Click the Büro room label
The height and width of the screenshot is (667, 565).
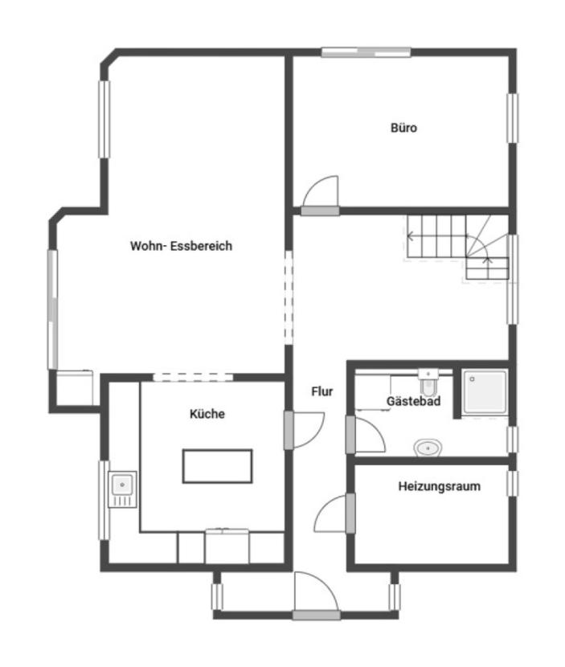click(x=403, y=128)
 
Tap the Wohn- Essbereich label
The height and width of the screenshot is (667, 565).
click(x=181, y=246)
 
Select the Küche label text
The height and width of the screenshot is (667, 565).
click(x=207, y=414)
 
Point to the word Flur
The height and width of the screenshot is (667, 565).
click(x=322, y=391)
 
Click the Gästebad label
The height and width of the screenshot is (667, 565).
click(x=413, y=401)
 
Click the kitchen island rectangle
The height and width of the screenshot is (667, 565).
click(x=218, y=466)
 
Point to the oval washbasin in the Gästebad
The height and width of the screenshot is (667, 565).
click(x=427, y=447)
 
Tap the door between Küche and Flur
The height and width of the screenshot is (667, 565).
click(x=306, y=430)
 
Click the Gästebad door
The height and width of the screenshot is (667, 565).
click(x=366, y=434)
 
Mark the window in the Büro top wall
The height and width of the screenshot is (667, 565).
click(x=366, y=53)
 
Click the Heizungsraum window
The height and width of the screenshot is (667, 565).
click(x=512, y=482)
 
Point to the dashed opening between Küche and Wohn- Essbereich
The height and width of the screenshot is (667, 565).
click(x=193, y=375)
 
